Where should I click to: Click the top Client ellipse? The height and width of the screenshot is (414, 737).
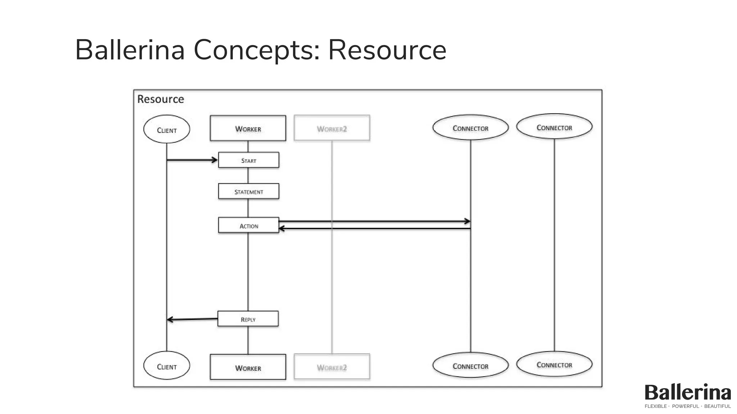(x=167, y=129)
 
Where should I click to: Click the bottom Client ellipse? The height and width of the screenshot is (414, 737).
(x=167, y=366)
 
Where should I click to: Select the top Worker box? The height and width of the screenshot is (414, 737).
(x=248, y=128)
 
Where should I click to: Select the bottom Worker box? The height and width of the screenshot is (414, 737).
(x=248, y=367)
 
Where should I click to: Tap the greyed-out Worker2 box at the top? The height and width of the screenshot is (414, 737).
(x=332, y=128)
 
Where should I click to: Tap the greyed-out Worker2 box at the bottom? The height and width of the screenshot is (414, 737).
(x=332, y=367)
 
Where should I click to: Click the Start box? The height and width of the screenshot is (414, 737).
(x=249, y=160)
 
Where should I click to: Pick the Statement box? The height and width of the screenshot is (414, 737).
(x=249, y=192)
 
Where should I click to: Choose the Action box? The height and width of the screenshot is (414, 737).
(x=249, y=226)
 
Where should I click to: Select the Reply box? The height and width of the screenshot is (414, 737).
(x=248, y=319)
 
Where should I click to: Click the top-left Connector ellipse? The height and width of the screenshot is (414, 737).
(x=470, y=128)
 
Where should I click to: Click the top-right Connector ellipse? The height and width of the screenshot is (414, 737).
(x=554, y=127)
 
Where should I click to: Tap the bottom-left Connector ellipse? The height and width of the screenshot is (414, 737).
(x=470, y=365)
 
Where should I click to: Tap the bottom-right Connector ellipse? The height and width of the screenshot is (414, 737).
(x=554, y=364)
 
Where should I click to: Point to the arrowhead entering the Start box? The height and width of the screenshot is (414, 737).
(x=214, y=160)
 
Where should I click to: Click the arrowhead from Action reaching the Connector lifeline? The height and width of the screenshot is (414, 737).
(x=467, y=221)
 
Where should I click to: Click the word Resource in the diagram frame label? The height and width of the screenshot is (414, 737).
(x=160, y=99)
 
